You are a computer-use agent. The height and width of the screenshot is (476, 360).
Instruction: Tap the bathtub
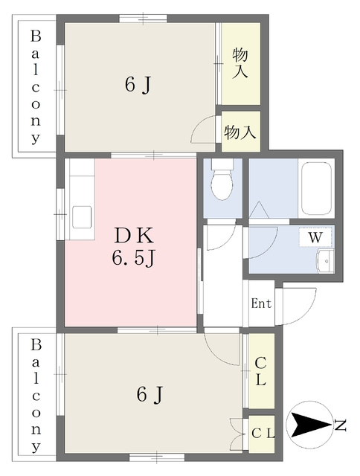pos(316,188)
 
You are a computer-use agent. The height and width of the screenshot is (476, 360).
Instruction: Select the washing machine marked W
pos(315,237)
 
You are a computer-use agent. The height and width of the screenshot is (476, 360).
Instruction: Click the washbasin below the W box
pos(325,261)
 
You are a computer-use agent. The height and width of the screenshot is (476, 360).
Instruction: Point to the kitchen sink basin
pos(81,216)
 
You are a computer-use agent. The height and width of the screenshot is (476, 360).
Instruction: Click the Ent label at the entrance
pos(261,303)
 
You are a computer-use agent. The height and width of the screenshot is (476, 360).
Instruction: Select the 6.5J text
pos(134,260)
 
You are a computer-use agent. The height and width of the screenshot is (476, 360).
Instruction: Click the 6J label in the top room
pos(138,84)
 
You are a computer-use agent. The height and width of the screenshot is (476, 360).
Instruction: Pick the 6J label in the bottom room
pos(150,395)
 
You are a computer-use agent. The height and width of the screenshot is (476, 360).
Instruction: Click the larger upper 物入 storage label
pos(240,64)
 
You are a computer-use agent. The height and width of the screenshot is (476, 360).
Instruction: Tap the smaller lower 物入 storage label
pos(240,132)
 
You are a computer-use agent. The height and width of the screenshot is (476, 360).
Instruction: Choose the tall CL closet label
pos(261,371)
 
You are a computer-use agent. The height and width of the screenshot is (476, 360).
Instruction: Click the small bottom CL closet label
pos(263,434)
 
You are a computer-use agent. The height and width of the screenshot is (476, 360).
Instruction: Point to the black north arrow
pos(310,425)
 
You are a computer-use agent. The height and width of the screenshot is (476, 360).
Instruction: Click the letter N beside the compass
pos(340,425)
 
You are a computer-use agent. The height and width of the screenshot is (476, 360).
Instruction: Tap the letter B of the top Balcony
pos(36,36)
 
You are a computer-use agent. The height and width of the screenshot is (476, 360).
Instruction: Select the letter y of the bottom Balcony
pos(36,447)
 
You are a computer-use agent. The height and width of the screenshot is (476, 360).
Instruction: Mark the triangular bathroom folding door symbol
pos(259,210)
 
